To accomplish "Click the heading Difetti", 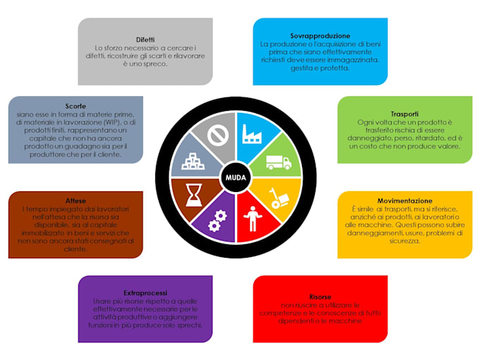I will (x=145, y=40).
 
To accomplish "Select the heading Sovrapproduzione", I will (x=320, y=35).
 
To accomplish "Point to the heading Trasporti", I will (x=404, y=114).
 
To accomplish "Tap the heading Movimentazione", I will (x=405, y=201).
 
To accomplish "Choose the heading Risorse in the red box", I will (x=320, y=297).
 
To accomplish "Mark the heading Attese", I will (x=75, y=200).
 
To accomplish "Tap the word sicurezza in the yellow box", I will (x=404, y=241).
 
